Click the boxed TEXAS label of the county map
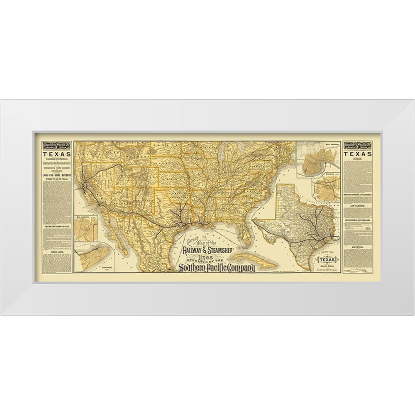point(328,260)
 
